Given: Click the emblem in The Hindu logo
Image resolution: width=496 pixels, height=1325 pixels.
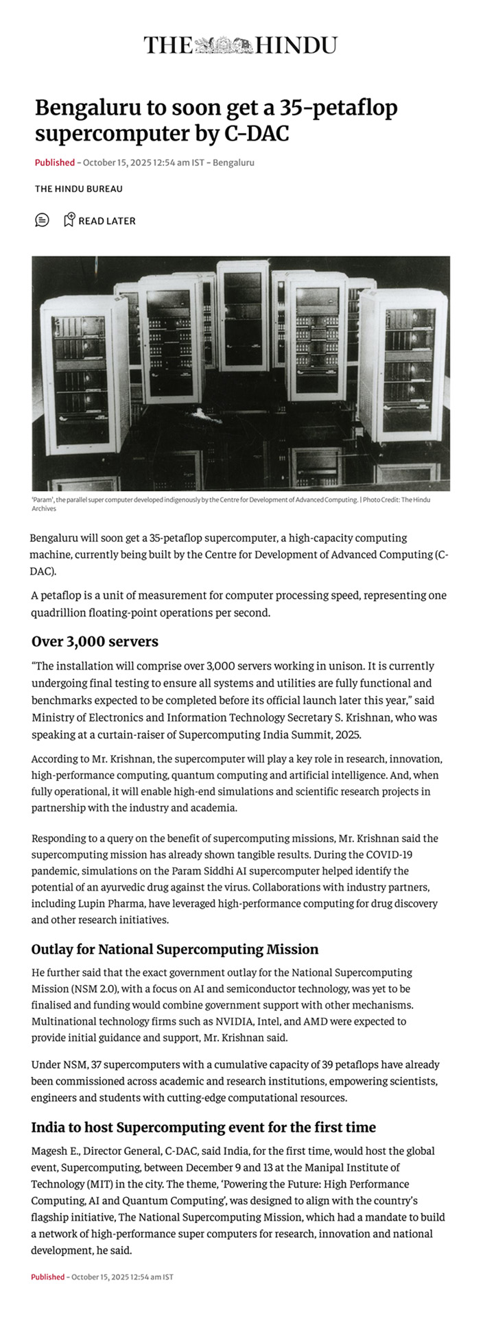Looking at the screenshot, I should click(224, 45).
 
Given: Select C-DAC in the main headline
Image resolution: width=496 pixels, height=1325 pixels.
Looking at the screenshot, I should click(257, 134).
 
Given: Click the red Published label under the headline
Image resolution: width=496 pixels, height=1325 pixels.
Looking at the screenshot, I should click(54, 163).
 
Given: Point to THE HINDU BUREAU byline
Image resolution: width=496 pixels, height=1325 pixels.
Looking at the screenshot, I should click(78, 189).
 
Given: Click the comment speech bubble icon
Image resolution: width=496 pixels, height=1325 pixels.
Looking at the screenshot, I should click(42, 220).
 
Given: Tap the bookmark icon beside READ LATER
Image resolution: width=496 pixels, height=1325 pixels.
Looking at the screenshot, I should click(69, 220).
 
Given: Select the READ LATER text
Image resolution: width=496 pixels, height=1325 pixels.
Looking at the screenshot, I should click(107, 221).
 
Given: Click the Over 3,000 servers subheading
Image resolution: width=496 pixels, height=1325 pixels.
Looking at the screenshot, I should click(95, 642).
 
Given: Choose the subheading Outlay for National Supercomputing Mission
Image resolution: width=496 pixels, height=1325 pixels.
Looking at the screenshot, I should click(174, 949).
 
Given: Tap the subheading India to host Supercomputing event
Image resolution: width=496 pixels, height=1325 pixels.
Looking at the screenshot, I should click(203, 1127).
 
